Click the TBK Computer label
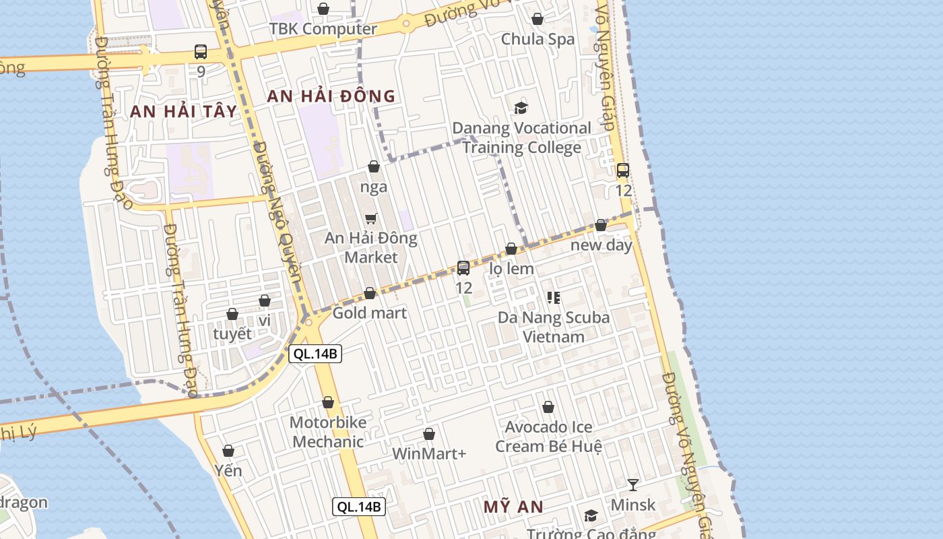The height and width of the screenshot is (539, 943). pos(323,29)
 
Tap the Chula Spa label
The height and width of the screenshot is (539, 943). pos(538,39)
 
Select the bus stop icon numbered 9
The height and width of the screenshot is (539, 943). pos(201,52)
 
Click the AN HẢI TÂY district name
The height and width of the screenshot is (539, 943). pos(184,111)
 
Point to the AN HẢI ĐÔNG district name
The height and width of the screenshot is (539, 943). pos(331,96)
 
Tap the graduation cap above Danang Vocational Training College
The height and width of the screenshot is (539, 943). pos(521,108)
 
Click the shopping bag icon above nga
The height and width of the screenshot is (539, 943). pos(374,166)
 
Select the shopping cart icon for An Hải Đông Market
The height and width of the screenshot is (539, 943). pos(370,218)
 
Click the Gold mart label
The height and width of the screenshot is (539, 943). pos(370,313)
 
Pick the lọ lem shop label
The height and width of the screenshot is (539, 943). pos(511,269)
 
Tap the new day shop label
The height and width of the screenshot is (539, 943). pos(601,245)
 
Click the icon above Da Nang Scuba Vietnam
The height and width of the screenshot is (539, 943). pos(554,297)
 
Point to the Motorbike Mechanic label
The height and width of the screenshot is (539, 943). pos(328,432)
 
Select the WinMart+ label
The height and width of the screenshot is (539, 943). pos(429,453)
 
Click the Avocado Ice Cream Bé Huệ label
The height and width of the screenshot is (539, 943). pos(548,437)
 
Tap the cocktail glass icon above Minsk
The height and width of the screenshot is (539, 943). pos(632,484)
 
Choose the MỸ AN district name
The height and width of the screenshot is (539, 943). pos(513,507)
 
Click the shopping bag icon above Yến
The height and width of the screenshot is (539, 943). pos(228,451)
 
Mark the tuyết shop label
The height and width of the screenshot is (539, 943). pos(232,334)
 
